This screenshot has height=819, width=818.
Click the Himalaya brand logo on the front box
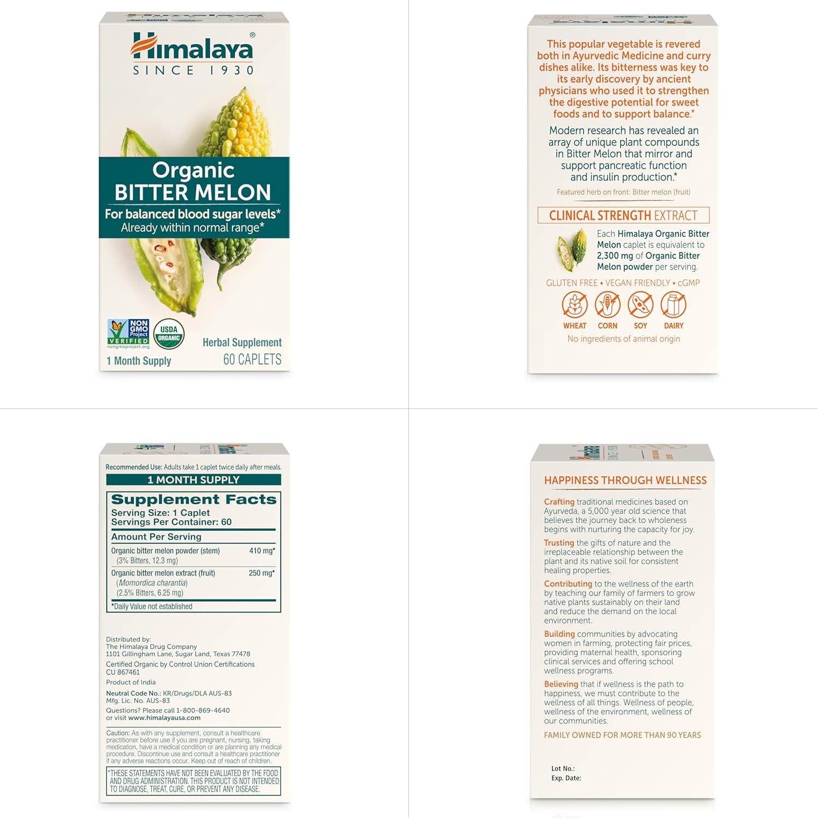point(193,54)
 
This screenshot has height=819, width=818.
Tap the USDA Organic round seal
point(169,334)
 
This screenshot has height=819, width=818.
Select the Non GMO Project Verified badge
point(128,334)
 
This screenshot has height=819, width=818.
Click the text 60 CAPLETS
point(252,359)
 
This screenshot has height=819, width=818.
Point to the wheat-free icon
point(574,305)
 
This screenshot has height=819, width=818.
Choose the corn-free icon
point(607,305)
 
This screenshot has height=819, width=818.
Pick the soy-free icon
point(641,305)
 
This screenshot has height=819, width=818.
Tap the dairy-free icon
point(673,305)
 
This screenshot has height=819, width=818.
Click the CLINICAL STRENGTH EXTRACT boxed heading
point(624,215)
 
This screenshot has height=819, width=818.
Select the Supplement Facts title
point(194,499)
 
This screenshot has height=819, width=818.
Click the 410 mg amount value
point(262,551)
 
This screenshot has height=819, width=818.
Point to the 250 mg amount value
point(262,573)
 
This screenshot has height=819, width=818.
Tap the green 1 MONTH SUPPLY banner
point(193,480)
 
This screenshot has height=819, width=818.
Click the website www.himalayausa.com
point(164,718)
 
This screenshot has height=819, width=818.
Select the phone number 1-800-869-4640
point(203,710)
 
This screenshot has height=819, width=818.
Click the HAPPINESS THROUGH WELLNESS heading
point(625,480)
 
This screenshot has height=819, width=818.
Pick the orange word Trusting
point(559,543)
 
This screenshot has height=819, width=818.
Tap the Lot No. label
point(563,769)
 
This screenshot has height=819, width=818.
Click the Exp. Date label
point(566,778)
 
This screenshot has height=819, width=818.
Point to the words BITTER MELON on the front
point(193,192)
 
